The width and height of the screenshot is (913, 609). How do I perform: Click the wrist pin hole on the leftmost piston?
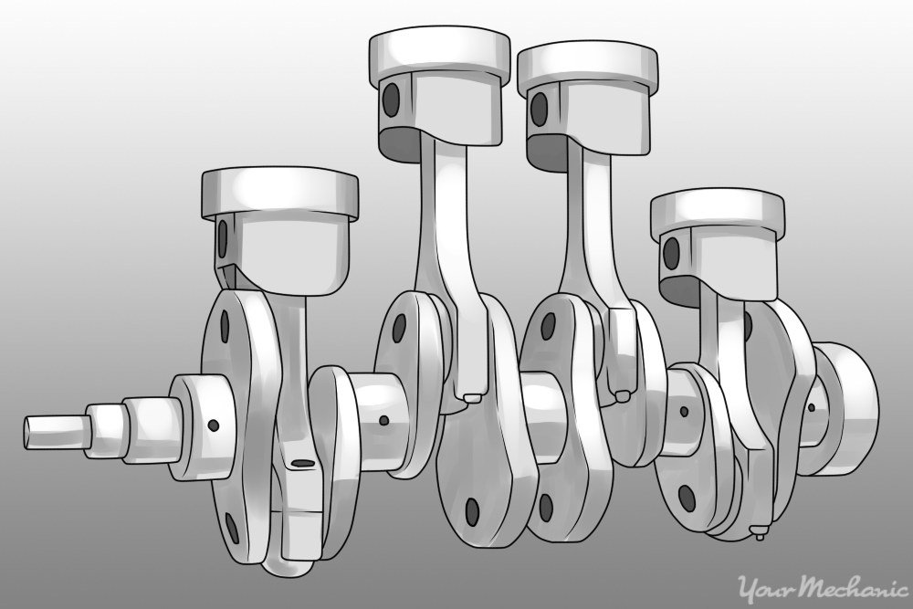point(222,239)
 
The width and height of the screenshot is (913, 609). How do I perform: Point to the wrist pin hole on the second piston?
point(391,100)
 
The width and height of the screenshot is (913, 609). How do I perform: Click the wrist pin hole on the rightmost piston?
point(671,253)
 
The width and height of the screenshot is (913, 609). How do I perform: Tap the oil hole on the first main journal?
point(213,425)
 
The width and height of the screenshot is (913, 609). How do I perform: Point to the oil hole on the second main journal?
point(383,421)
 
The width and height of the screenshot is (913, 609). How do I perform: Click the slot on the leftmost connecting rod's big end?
point(302,465)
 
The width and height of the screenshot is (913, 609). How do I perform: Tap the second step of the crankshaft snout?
point(107,431)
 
